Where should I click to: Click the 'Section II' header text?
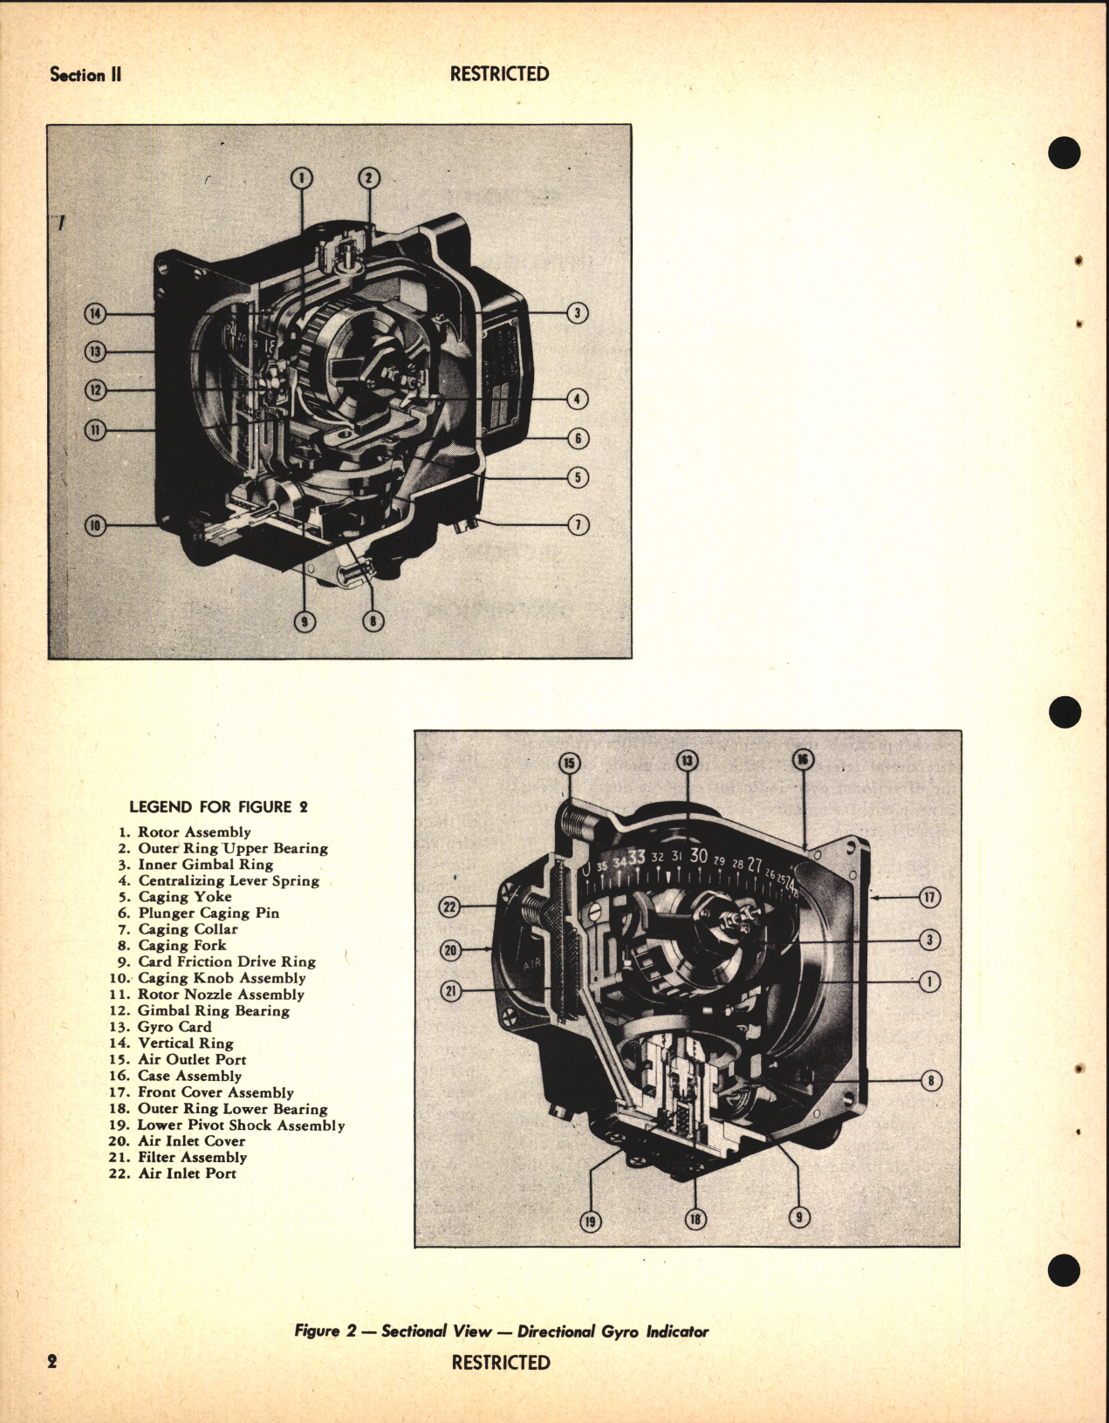click(x=86, y=75)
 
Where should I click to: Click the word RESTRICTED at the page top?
click(x=499, y=74)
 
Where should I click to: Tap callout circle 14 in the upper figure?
click(x=95, y=314)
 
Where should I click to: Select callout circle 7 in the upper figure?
click(x=578, y=524)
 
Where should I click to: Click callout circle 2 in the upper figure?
click(x=368, y=178)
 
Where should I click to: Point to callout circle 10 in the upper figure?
click(x=95, y=525)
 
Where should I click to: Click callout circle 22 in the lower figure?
click(x=449, y=907)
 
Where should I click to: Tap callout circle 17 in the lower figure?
click(x=929, y=896)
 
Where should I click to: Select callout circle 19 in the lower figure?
click(x=591, y=1221)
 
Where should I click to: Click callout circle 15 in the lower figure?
click(x=569, y=764)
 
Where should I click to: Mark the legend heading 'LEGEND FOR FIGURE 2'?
click(x=218, y=807)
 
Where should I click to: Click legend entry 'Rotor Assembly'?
click(x=194, y=832)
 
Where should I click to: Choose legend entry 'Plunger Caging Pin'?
click(x=209, y=913)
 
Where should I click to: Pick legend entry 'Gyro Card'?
click(x=175, y=1027)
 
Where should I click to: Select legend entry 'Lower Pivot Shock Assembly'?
click(x=241, y=1125)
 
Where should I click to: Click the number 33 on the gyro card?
click(x=637, y=858)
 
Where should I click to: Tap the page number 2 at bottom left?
click(x=52, y=1362)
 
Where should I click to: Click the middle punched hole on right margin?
click(x=1065, y=711)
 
